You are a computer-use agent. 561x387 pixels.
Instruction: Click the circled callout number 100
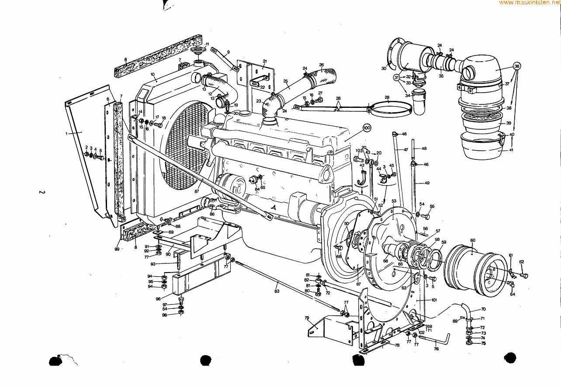[367, 128]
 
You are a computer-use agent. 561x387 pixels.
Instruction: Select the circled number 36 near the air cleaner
[517, 66]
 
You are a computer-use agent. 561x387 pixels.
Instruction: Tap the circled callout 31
[397, 77]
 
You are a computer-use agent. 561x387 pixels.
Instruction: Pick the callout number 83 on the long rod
[277, 290]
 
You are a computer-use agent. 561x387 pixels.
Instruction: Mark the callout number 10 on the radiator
[153, 74]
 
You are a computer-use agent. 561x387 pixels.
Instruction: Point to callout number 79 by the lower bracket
[307, 318]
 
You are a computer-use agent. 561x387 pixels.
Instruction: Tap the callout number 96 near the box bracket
[158, 299]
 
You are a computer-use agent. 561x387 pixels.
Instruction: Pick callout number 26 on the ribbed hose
[321, 65]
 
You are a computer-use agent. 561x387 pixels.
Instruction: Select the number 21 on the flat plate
[265, 61]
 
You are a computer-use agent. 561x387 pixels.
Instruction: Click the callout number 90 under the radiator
[168, 254]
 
